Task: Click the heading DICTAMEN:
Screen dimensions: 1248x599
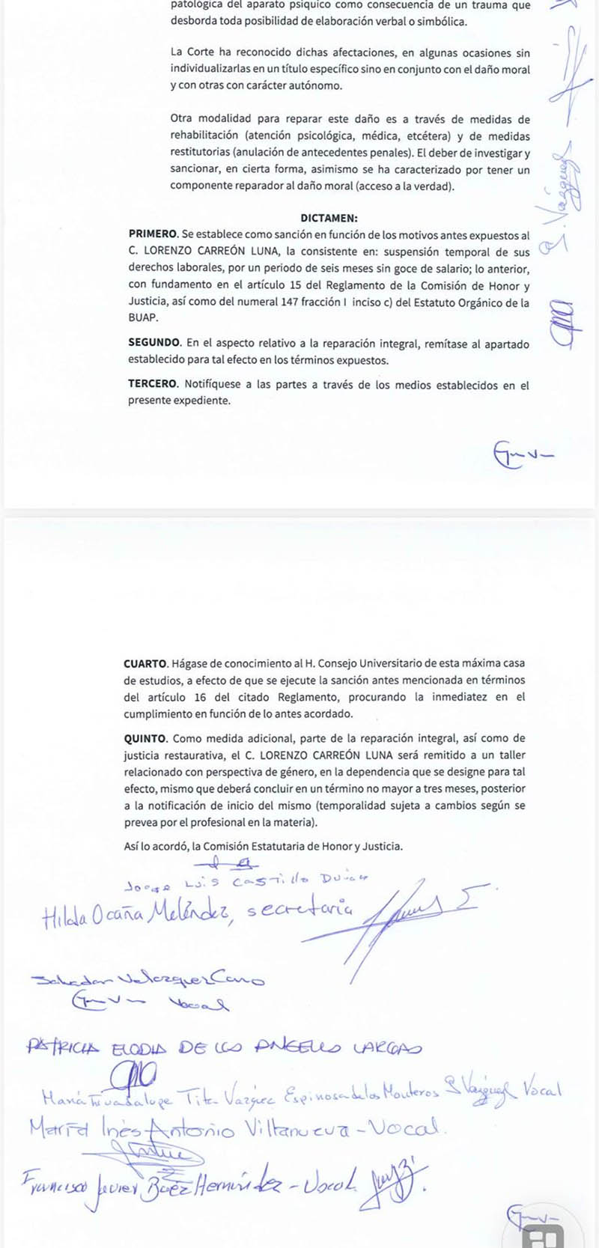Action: click(x=329, y=219)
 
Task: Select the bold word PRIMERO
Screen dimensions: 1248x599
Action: click(x=153, y=235)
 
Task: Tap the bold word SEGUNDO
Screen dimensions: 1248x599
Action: click(x=154, y=344)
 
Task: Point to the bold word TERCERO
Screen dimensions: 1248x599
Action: click(x=153, y=385)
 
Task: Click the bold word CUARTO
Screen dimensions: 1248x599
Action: click(x=145, y=663)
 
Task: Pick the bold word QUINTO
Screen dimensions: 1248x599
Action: click(x=145, y=738)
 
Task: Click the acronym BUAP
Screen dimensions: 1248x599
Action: click(x=143, y=318)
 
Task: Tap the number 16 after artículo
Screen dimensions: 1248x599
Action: click(x=199, y=697)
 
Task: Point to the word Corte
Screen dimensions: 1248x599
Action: click(x=200, y=52)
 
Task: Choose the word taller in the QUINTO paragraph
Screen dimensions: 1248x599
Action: click(x=508, y=755)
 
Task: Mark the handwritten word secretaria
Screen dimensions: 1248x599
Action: click(x=299, y=910)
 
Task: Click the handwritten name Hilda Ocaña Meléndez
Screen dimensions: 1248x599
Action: click(x=135, y=913)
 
